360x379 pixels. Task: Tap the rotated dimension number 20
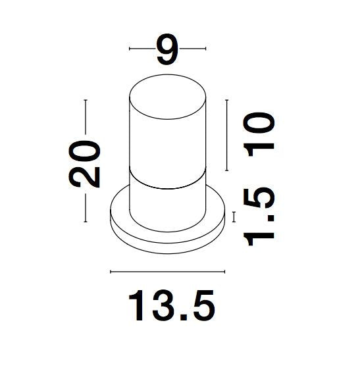[84, 164]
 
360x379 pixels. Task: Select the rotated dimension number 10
[259, 134]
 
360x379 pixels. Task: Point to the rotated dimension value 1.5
[259, 216]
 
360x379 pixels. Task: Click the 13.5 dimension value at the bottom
[171, 305]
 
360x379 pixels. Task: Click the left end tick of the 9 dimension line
[130, 49]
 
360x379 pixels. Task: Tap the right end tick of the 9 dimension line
[205, 49]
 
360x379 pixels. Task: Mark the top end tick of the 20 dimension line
[86, 100]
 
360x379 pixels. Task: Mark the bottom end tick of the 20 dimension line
[86, 221]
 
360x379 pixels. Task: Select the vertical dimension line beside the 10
[227, 135]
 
